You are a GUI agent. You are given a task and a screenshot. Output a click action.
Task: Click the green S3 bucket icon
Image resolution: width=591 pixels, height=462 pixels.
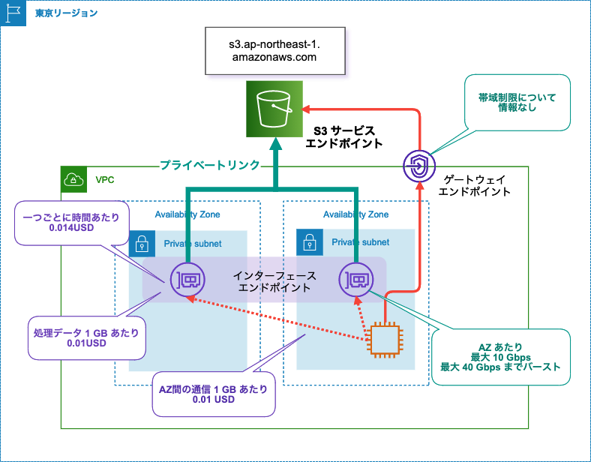[x=274, y=109]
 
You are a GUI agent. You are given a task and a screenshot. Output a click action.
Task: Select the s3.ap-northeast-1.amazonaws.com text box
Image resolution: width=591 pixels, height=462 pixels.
[x=274, y=50]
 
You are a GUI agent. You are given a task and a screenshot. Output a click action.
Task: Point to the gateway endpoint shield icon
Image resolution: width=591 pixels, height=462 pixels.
[x=418, y=164]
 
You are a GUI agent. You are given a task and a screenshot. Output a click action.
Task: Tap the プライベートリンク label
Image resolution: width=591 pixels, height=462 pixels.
[x=210, y=165]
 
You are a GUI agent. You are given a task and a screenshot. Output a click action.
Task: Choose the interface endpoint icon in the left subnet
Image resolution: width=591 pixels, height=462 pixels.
[x=187, y=280]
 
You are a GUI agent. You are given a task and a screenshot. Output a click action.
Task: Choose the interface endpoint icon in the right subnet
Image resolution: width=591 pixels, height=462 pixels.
[x=355, y=280]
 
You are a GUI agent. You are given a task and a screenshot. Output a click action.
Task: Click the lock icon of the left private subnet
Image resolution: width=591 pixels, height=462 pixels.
[x=142, y=244]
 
